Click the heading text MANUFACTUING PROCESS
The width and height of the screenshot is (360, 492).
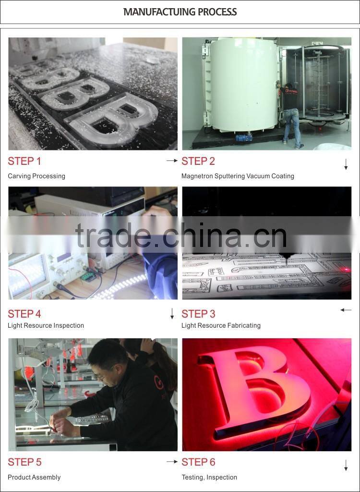[x=180, y=12]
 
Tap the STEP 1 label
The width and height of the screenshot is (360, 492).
[x=24, y=161]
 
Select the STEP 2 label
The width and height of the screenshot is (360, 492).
[x=198, y=161]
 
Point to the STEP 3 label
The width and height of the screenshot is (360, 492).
[x=198, y=314]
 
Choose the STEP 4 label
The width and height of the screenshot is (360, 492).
[x=24, y=314]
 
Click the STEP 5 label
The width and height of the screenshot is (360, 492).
[x=24, y=462]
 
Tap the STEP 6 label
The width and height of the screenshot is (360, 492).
[x=198, y=462]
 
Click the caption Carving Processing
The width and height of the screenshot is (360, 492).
[x=36, y=176]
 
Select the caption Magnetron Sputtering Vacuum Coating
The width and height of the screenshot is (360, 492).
[x=238, y=176]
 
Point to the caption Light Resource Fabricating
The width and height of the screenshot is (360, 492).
[x=221, y=326]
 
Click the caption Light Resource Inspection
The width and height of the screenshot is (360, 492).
[x=46, y=326]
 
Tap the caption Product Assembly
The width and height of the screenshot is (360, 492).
[x=34, y=478]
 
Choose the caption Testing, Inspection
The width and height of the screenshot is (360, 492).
[x=209, y=478]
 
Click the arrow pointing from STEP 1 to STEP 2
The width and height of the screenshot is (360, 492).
[x=172, y=161]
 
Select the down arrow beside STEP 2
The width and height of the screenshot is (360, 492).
[x=346, y=165]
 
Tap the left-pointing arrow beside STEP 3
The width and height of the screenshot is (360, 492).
[x=346, y=310]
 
